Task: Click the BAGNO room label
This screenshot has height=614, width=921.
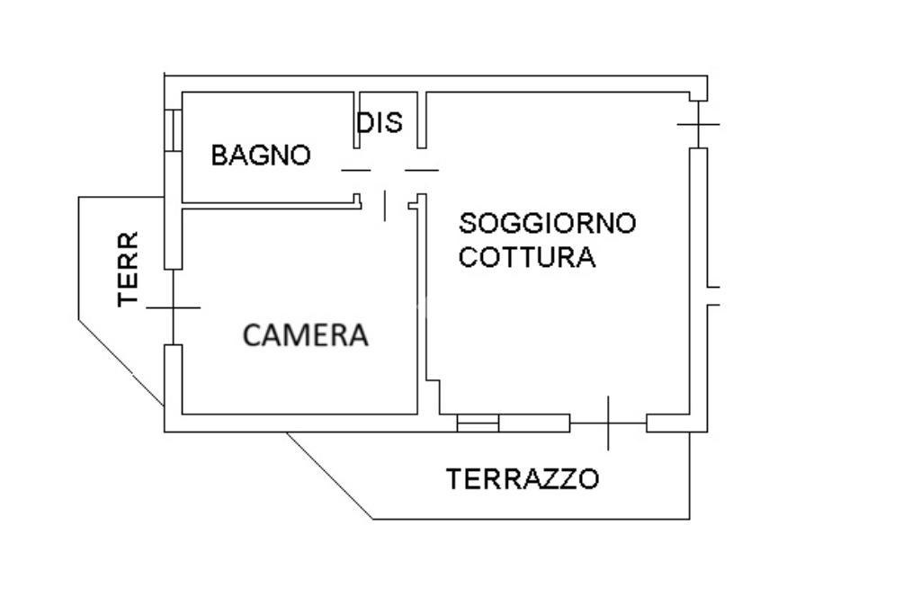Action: pyautogui.click(x=260, y=156)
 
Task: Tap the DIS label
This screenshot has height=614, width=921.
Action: pyautogui.click(x=380, y=122)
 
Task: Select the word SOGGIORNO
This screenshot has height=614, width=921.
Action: pyautogui.click(x=547, y=222)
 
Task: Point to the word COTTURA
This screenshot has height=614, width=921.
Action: pyautogui.click(x=526, y=258)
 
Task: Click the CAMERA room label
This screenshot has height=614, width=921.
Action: pyautogui.click(x=306, y=335)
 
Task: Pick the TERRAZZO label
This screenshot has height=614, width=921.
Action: pyautogui.click(x=522, y=478)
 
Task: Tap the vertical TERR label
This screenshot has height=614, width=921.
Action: pyautogui.click(x=130, y=269)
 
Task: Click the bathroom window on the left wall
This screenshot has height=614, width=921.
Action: pyautogui.click(x=173, y=130)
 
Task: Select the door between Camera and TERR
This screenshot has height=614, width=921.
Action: pyautogui.click(x=173, y=307)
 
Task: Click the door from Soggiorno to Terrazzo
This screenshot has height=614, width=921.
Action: pyautogui.click(x=608, y=423)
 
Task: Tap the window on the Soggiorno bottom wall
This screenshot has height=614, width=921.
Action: pyautogui.click(x=478, y=423)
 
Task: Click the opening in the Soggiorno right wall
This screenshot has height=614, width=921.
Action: pyautogui.click(x=712, y=296)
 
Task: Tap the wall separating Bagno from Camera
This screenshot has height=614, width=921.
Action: pyautogui.click(x=270, y=206)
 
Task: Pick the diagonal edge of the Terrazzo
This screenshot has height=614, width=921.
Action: pyautogui.click(x=329, y=476)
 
